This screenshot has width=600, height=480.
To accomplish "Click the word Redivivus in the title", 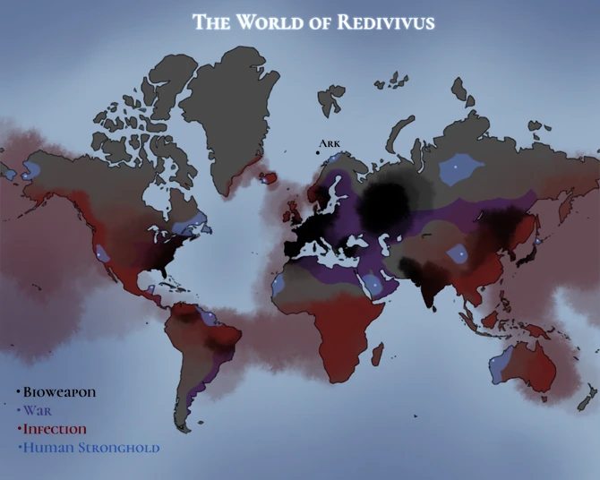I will point(386,22).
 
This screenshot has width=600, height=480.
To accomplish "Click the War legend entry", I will point(38,411).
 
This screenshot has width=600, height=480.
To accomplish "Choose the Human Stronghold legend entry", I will point(90,447).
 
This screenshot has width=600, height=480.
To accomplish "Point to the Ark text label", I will point(330,143).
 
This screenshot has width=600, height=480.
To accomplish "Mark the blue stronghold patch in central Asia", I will point(459,255).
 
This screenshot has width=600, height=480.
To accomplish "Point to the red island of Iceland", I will point(266,176).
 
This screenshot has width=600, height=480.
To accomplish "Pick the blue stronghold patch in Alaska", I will point(40,167).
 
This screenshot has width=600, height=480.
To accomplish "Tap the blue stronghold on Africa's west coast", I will point(279,285).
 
